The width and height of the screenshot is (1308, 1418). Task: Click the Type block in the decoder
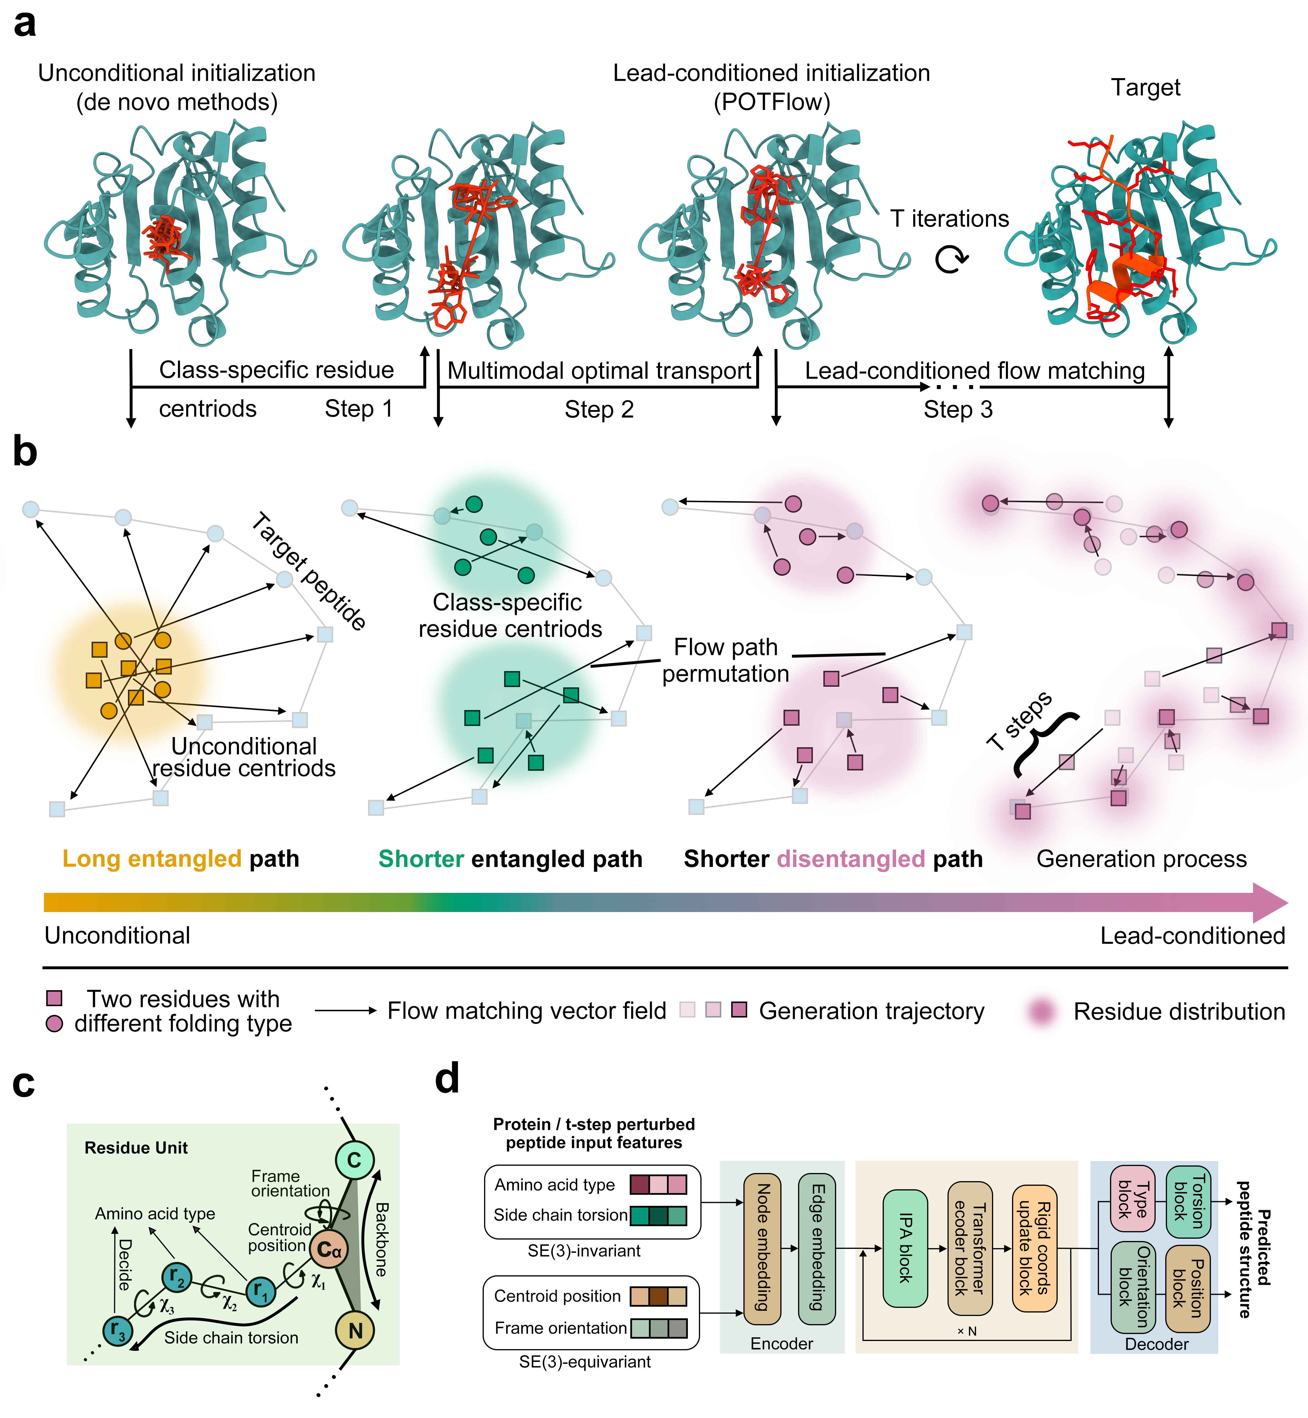1132,1199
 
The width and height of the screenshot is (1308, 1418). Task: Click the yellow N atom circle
355,1330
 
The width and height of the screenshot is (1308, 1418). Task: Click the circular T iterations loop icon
951,260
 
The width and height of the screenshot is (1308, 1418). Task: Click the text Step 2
599,410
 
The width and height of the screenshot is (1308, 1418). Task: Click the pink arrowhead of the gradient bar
1270,902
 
